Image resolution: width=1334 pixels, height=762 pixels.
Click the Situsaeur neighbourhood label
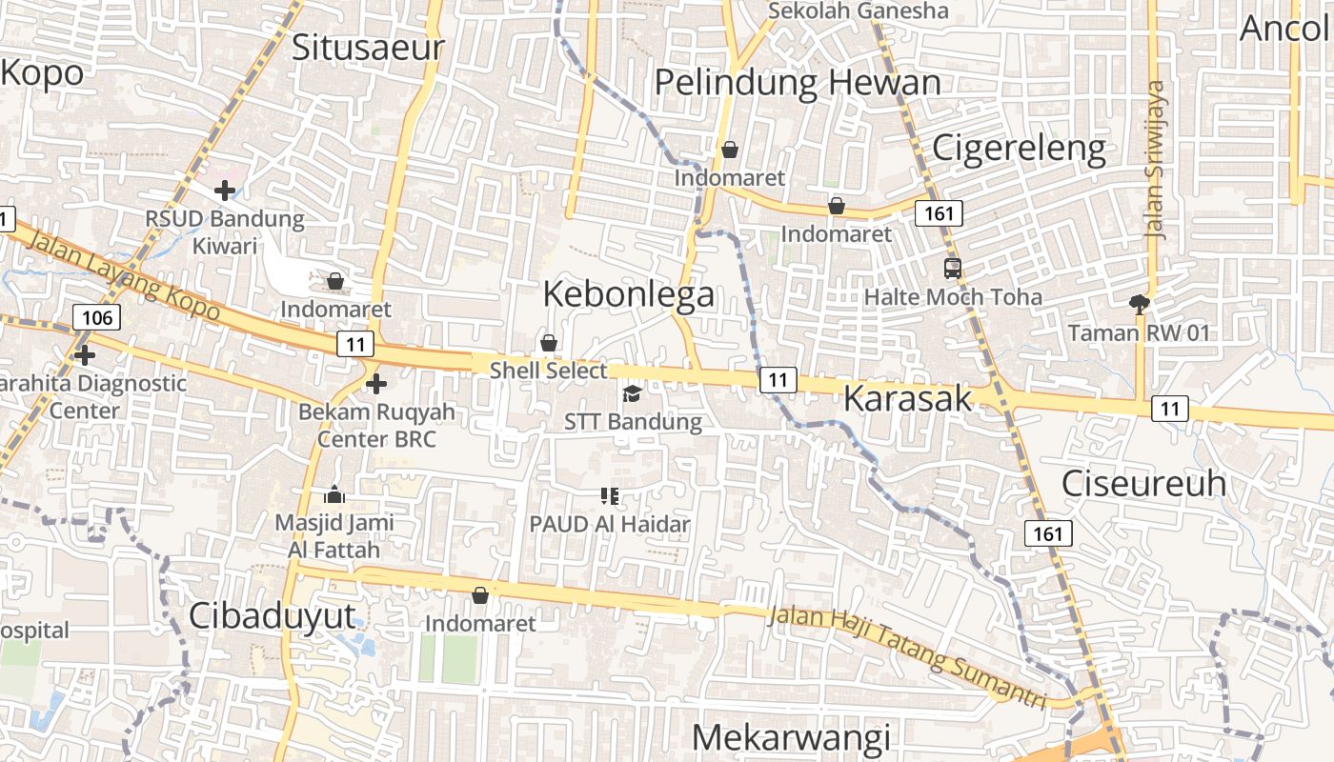[x=368, y=48]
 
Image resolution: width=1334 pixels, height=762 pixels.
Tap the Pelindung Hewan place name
[x=798, y=83]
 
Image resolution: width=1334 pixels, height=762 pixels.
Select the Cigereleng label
[x=1019, y=149]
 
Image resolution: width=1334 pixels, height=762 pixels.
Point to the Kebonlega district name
[x=629, y=294]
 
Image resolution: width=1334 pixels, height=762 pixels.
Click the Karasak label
[x=907, y=399]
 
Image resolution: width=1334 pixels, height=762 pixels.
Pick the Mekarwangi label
[x=791, y=738]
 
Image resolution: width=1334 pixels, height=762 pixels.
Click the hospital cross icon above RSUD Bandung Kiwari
[x=225, y=190]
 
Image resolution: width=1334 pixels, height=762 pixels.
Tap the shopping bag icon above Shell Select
[x=549, y=343]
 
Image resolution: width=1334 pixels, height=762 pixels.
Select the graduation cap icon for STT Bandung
[x=632, y=393]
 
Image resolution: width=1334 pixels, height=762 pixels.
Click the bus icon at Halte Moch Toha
[x=952, y=269]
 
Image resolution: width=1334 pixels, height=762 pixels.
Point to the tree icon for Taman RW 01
[x=1138, y=305]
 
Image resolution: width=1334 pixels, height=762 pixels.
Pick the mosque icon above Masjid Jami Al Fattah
[x=334, y=494]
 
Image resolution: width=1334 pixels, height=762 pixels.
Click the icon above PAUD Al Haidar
[x=610, y=496]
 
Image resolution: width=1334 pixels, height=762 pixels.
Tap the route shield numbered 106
[x=97, y=317]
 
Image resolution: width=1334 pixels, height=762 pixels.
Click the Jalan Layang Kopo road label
[x=124, y=278]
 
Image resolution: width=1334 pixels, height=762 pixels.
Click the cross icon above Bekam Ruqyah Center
[x=376, y=384]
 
